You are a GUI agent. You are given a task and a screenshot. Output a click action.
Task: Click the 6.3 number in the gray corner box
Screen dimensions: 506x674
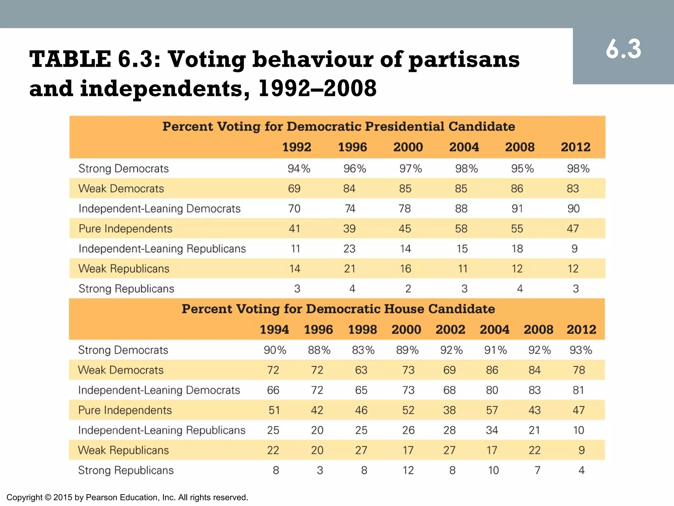623,49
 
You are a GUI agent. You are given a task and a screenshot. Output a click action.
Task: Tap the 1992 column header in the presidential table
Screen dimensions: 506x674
297,147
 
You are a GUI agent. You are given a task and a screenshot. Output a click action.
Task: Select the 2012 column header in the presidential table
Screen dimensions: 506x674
576,147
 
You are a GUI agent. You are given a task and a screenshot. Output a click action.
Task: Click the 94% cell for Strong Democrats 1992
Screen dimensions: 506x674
299,169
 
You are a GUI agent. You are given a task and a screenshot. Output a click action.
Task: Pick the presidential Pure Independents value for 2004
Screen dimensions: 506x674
461,229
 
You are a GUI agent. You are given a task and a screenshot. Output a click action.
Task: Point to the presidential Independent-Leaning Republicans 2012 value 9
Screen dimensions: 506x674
574,249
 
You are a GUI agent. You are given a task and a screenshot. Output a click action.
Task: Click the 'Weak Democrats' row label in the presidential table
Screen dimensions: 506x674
121,189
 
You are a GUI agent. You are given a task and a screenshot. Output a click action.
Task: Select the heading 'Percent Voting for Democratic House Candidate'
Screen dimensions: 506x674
338,309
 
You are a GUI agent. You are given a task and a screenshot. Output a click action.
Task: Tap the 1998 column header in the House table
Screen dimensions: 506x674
362,329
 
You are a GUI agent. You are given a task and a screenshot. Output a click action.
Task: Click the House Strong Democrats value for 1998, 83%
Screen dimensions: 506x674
363,350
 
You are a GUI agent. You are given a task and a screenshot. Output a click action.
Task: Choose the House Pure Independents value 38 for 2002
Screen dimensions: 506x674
449,410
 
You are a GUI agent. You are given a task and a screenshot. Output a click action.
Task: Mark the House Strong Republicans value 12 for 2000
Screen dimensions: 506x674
408,470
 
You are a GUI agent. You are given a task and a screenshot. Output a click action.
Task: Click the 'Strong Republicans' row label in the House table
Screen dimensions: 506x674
126,470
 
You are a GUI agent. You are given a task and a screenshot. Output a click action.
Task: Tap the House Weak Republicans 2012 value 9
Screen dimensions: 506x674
581,450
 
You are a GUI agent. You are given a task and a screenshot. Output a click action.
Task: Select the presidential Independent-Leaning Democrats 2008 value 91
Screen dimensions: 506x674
517,209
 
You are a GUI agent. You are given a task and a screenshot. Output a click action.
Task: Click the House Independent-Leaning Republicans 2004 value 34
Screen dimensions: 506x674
492,430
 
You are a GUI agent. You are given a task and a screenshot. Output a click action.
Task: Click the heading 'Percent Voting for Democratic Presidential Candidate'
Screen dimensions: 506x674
338,126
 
